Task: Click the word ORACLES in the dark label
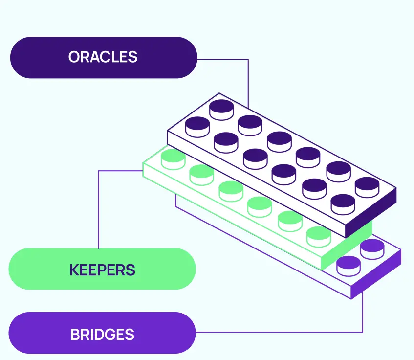tap(103, 57)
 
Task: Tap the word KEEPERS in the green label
tap(102, 270)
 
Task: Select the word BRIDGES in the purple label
tap(102, 335)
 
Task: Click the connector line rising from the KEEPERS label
tap(99, 210)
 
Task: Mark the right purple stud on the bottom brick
tap(372, 247)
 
